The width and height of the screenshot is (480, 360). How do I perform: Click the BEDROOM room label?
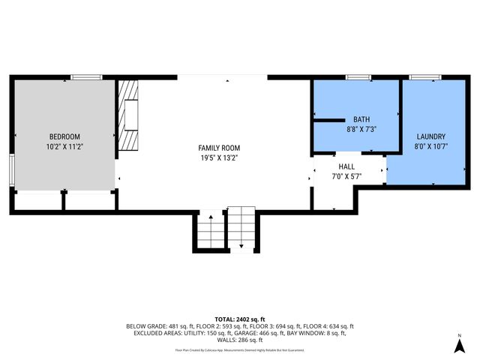point(64,136)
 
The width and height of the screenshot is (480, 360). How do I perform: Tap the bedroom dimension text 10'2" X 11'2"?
point(64,147)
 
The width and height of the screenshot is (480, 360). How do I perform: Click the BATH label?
point(361,119)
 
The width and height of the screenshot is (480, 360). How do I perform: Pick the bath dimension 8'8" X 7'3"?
point(361,129)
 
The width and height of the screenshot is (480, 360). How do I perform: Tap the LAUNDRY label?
point(431,136)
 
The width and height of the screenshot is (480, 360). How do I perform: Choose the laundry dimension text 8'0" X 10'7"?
point(431,147)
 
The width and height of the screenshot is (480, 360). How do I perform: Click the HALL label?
point(346,166)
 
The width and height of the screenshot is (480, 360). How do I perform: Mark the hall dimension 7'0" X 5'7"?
point(346,177)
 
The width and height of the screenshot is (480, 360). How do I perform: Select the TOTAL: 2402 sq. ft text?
point(240,319)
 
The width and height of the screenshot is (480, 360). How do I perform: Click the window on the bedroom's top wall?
point(86,77)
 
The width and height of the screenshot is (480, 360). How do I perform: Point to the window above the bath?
point(358,77)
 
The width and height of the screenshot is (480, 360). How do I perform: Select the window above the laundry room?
point(424,77)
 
